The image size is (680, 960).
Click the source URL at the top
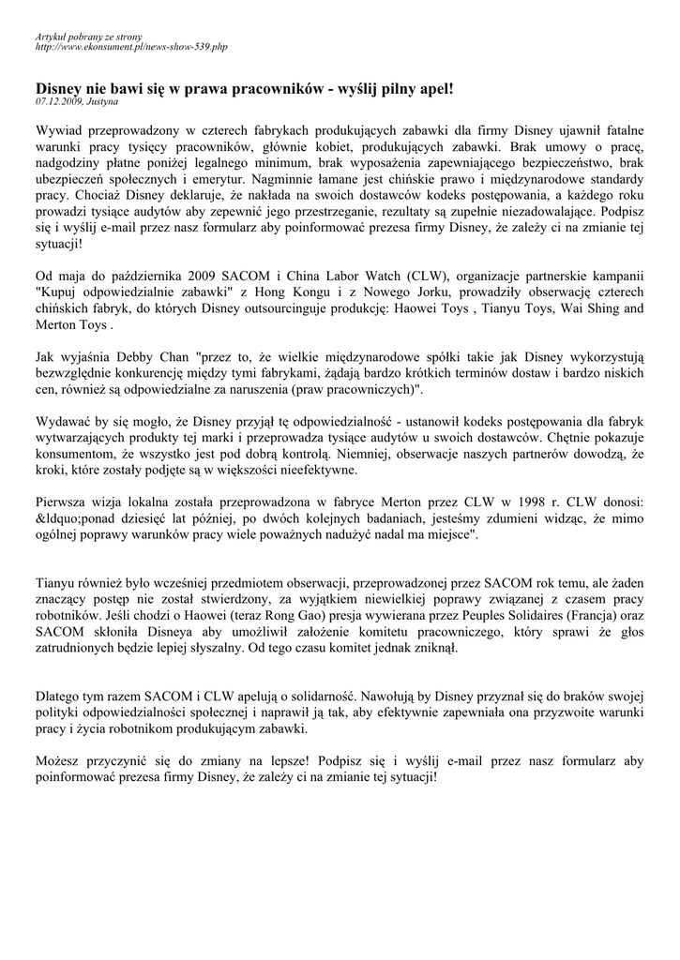pos(130,46)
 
